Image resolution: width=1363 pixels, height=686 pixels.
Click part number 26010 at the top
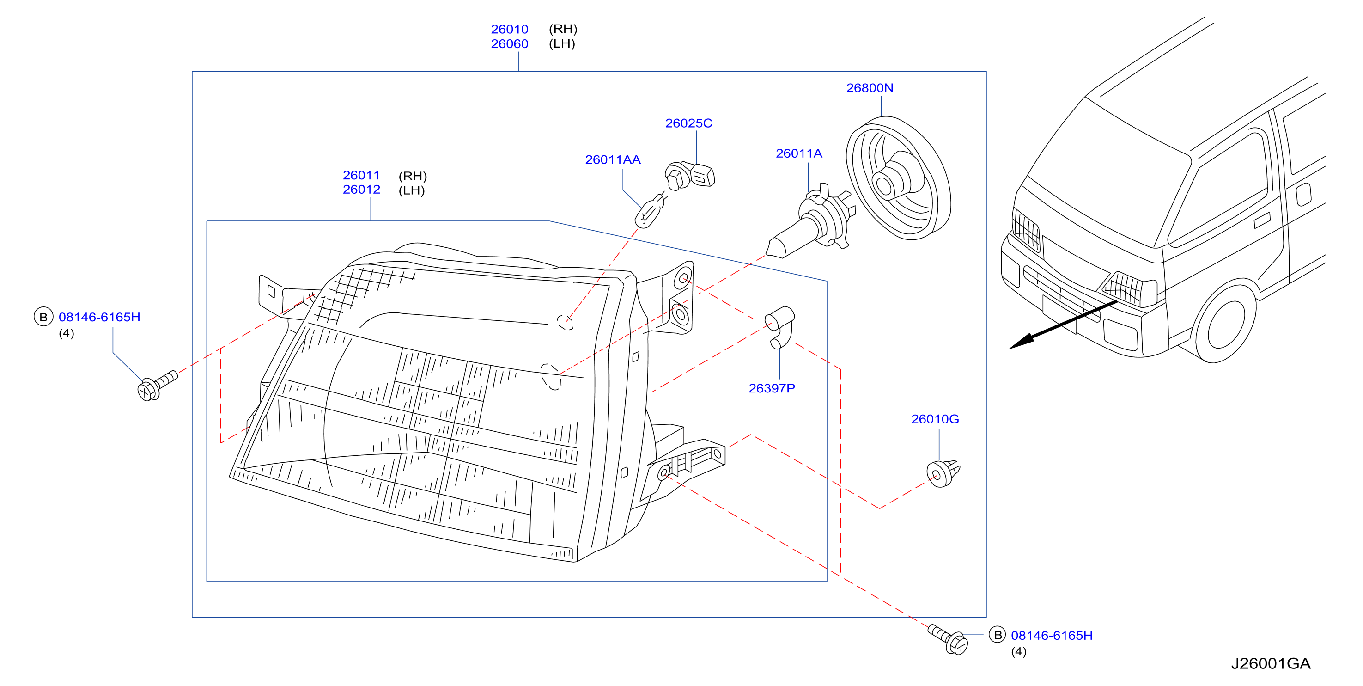(509, 29)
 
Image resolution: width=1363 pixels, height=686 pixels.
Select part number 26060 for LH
(509, 44)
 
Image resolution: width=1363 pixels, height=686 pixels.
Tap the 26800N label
(870, 88)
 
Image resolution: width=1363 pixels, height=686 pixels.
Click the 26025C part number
(688, 123)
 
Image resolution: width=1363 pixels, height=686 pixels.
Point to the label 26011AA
(613, 159)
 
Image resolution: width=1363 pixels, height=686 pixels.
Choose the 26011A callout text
(799, 153)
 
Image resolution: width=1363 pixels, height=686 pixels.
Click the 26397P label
(772, 388)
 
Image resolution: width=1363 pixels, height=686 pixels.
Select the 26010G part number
(935, 419)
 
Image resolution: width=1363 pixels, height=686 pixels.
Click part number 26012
(361, 190)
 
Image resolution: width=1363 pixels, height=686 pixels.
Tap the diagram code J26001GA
(1271, 663)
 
